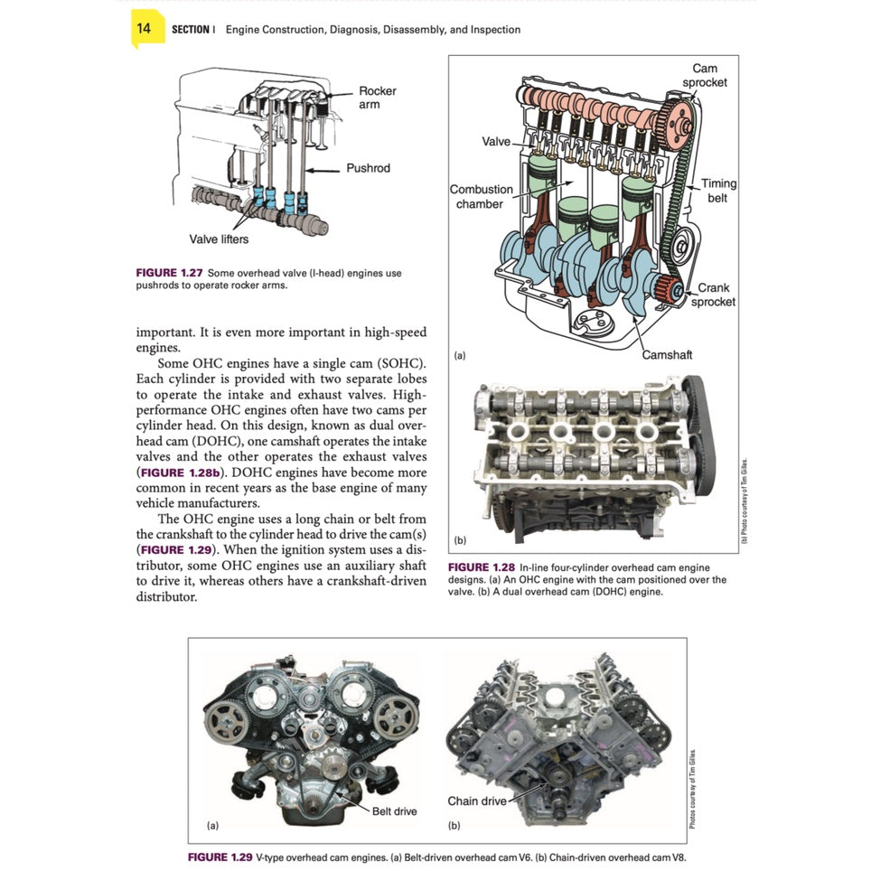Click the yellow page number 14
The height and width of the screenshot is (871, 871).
tap(145, 29)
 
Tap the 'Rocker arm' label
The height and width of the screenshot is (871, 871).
tap(377, 98)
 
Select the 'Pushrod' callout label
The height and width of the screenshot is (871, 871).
tap(368, 169)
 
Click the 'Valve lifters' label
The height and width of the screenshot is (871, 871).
tap(219, 239)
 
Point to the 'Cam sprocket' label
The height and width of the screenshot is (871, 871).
tap(704, 76)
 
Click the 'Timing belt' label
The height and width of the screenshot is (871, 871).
tap(718, 191)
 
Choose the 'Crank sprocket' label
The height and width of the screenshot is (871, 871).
tap(713, 295)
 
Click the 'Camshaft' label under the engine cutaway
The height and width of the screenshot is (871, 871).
tap(667, 355)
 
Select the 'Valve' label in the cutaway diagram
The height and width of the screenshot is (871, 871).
tap(496, 142)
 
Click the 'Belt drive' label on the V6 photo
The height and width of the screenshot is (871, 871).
tap(394, 811)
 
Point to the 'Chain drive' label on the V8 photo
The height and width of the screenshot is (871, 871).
tap(477, 801)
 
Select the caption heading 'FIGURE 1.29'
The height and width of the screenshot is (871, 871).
tap(220, 857)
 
